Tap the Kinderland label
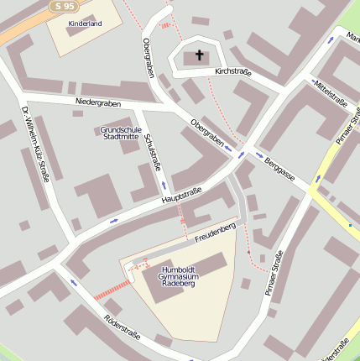84,24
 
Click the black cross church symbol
200,56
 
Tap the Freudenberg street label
215,233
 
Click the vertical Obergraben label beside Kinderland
149,58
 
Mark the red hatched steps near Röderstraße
107,290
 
